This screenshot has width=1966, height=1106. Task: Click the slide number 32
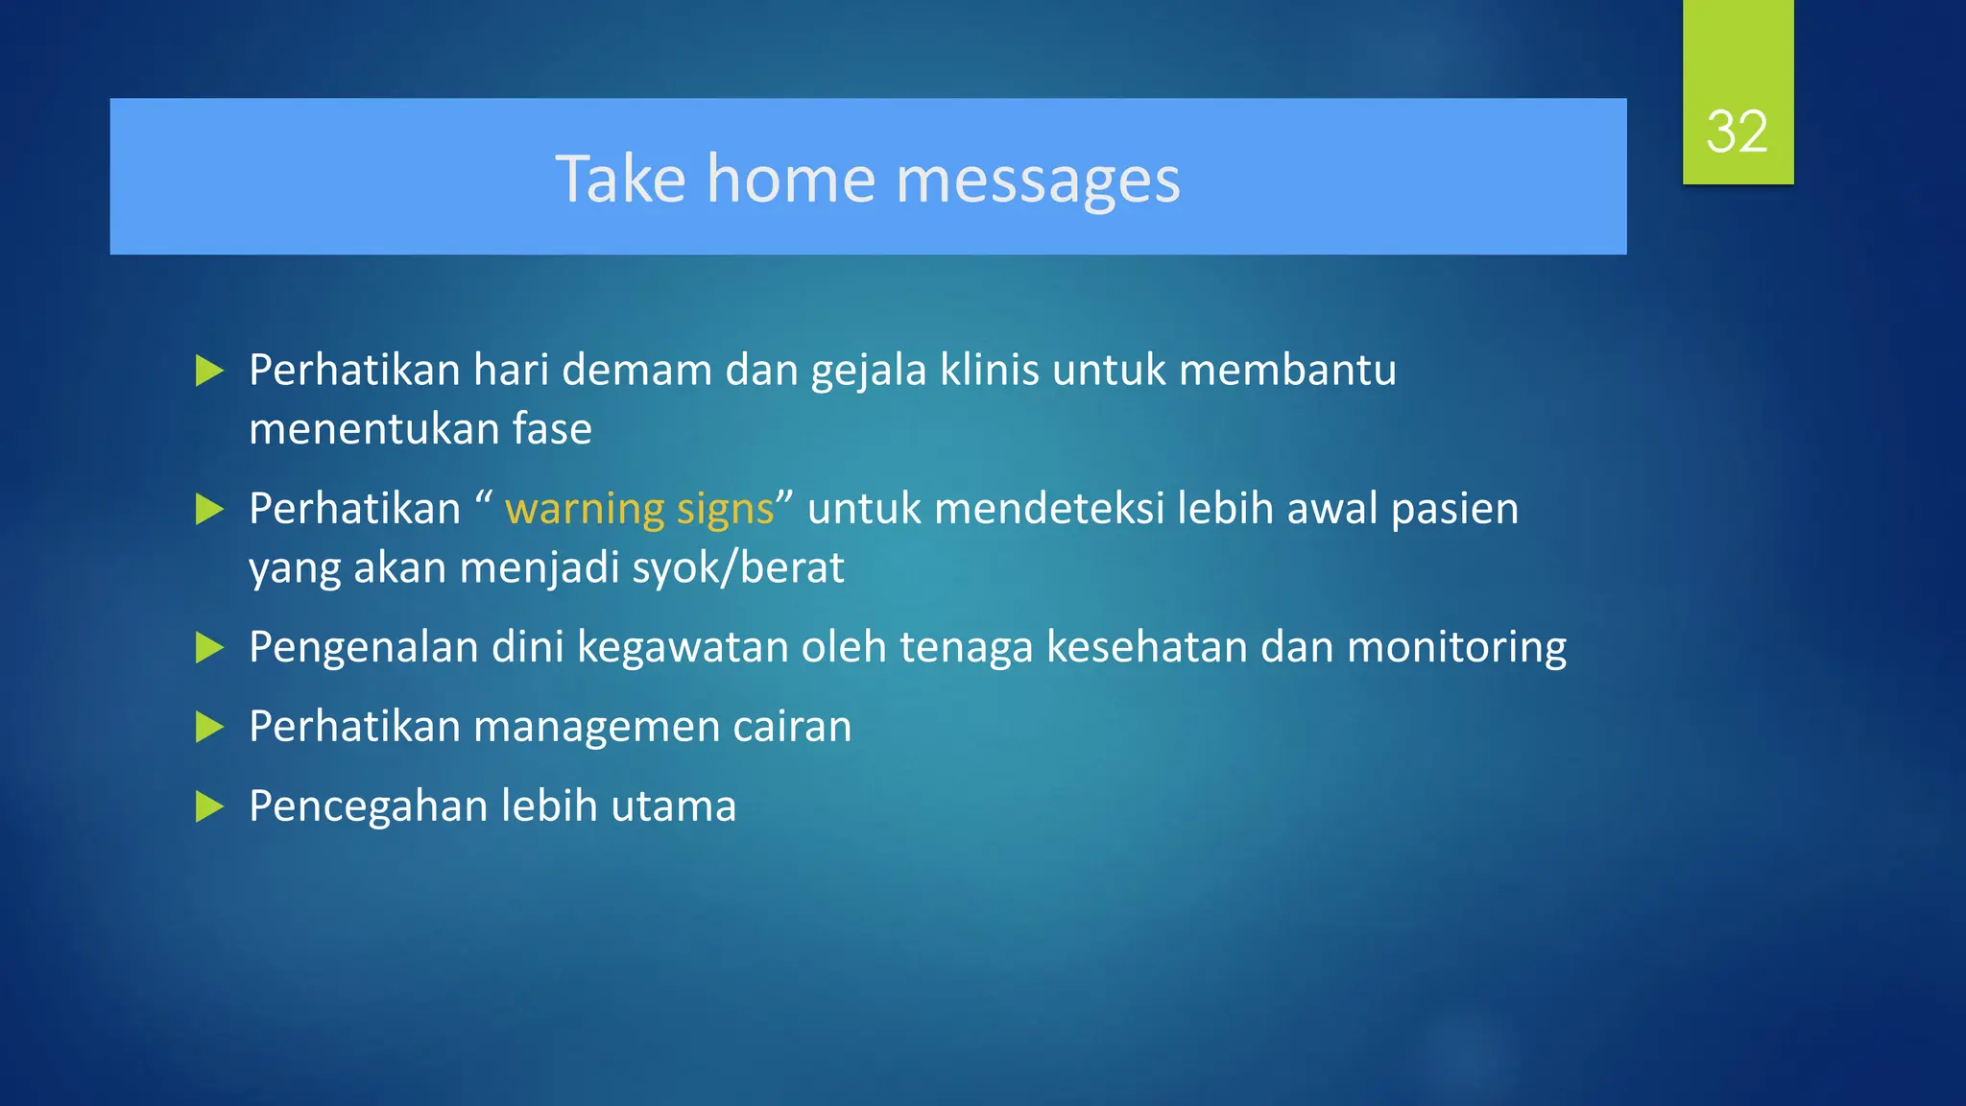[1737, 132]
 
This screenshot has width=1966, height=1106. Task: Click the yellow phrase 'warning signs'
[639, 509]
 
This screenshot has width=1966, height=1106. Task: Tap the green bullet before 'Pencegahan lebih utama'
[208, 806]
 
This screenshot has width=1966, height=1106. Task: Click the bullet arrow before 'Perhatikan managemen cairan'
[208, 727]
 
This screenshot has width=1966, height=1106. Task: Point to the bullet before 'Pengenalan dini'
[208, 648]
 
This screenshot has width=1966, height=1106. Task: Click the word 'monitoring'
[1456, 648]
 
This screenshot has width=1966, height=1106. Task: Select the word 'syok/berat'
[738, 568]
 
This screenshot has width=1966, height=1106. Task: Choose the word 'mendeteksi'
[1049, 509]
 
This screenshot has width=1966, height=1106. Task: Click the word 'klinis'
[989, 371]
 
